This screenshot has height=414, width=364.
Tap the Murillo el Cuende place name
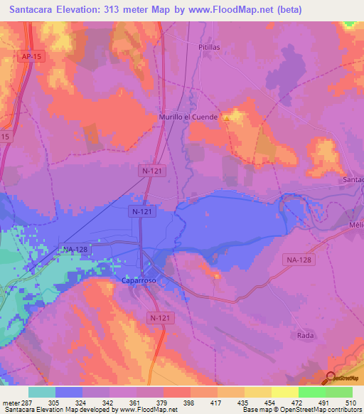coord(188,116)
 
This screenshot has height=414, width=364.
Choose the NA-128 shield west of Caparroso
coord(75,249)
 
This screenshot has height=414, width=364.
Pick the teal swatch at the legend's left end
coord(42,392)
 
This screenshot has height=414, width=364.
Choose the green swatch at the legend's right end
coord(339,392)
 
